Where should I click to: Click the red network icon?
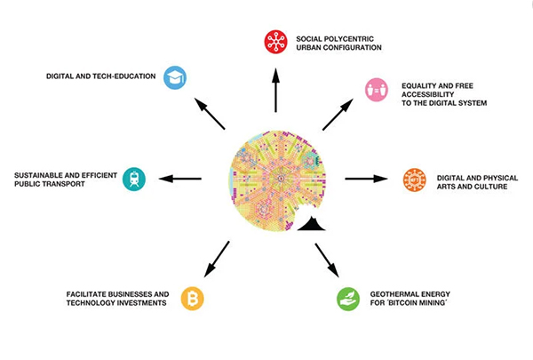click(x=276, y=42)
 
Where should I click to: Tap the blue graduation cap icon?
click(x=175, y=77)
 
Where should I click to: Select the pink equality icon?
click(x=377, y=90)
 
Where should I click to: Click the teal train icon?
click(x=134, y=179)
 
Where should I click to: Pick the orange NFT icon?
click(x=414, y=180)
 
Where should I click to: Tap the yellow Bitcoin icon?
click(x=193, y=299)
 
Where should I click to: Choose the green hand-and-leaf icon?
click(x=348, y=299)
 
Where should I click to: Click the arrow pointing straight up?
click(x=275, y=90)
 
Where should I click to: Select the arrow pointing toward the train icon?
click(x=180, y=179)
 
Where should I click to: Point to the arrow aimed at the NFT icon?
click(x=366, y=179)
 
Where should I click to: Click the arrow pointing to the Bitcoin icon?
click(x=217, y=260)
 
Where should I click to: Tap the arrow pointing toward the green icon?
click(x=327, y=260)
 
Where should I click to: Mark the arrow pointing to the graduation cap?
click(x=210, y=114)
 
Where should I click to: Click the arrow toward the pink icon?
click(x=338, y=115)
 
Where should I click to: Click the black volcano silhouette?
click(x=312, y=224)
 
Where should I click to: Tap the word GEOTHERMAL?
click(x=394, y=294)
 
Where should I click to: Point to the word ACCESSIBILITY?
click(x=428, y=94)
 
